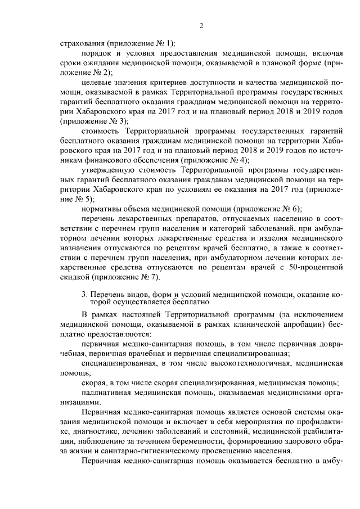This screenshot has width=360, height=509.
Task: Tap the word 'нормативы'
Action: tap(101, 209)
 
